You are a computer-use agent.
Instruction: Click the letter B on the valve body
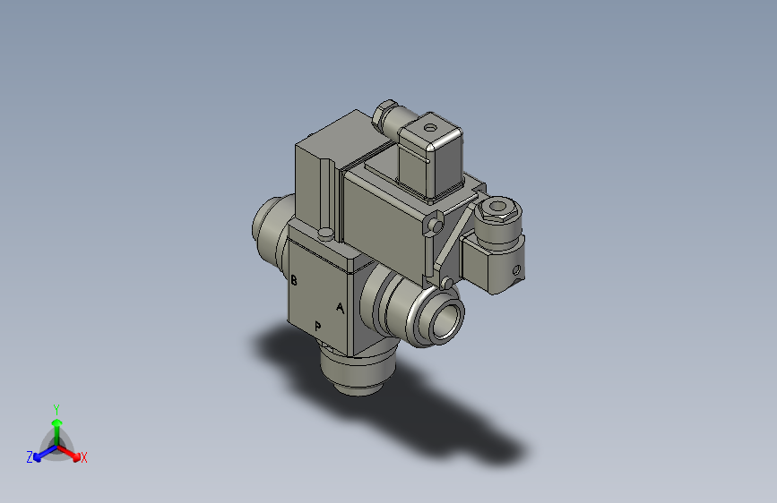294,280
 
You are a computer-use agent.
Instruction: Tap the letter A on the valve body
340,308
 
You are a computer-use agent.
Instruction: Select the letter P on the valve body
317,326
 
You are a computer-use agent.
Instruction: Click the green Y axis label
56,406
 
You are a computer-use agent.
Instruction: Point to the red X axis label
84,458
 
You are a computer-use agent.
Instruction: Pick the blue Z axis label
30,457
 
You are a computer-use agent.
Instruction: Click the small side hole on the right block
515,269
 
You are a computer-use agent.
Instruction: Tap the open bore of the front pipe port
445,320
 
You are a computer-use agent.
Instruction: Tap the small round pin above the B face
326,234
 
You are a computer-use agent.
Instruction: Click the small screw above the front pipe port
445,283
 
